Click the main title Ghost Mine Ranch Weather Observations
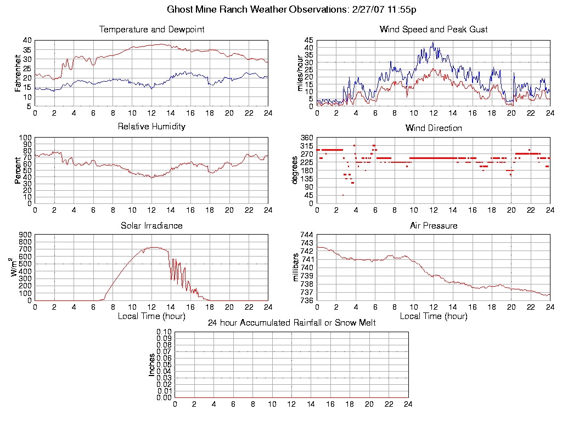(x=291, y=9)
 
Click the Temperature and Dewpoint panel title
(x=151, y=30)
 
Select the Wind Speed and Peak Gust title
(x=434, y=30)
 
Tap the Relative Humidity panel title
(x=151, y=127)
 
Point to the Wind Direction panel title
(x=434, y=128)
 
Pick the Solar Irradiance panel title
(x=151, y=225)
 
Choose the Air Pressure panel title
(x=434, y=225)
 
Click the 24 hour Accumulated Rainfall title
(x=291, y=323)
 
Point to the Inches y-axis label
(x=152, y=365)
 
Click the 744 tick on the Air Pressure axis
(x=306, y=235)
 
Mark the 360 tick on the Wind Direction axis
(x=306, y=138)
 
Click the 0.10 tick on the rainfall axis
(x=164, y=332)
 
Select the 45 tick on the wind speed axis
(x=308, y=40)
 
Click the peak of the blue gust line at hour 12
(x=433, y=42)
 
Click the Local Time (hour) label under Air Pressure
(x=434, y=316)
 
